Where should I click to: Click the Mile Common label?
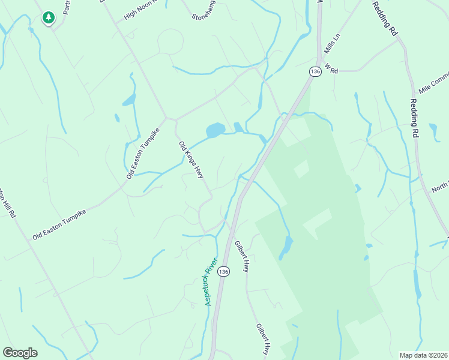point(433,83)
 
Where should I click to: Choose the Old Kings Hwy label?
point(191,159)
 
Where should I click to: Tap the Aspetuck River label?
point(210,282)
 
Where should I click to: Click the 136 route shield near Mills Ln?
point(315,71)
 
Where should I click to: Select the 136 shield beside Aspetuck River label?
point(224,272)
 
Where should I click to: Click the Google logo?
point(20,353)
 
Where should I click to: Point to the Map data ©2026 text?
point(423,355)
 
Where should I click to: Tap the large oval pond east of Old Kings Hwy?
point(215,130)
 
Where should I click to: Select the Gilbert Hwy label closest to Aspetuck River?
point(241,256)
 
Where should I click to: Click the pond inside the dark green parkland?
point(287,247)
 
